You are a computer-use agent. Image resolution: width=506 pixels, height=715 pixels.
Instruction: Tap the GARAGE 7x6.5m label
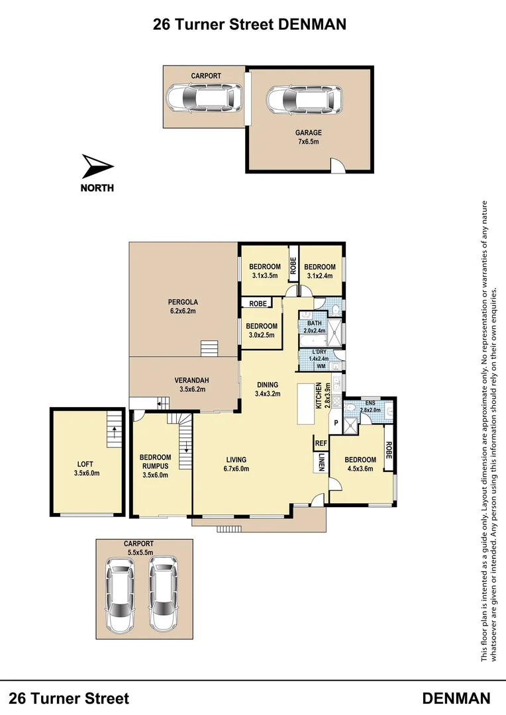pyautogui.click(x=308, y=137)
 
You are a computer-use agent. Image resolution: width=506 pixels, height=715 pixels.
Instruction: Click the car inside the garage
pyautogui.click(x=304, y=101)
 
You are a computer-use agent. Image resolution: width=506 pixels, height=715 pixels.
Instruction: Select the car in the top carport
pyautogui.click(x=204, y=99)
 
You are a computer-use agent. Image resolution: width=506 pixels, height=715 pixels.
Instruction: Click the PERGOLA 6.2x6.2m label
pyautogui.click(x=181, y=306)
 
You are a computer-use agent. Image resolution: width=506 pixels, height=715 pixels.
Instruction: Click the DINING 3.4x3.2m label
pyautogui.click(x=268, y=389)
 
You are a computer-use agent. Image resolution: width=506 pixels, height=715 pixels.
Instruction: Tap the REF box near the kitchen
pyautogui.click(x=321, y=444)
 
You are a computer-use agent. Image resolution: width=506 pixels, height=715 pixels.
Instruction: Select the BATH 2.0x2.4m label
pyautogui.click(x=315, y=326)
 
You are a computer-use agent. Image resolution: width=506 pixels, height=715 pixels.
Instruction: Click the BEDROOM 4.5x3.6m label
pyautogui.click(x=360, y=464)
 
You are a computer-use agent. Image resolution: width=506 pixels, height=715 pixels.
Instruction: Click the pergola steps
pyautogui.click(x=209, y=349)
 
